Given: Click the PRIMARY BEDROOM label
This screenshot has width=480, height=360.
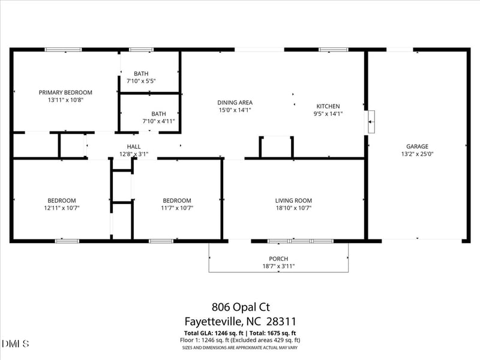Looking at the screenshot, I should tap(65, 92).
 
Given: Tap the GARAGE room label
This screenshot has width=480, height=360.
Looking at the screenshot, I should tap(417, 146).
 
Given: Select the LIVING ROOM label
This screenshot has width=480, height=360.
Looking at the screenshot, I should tap(293, 200).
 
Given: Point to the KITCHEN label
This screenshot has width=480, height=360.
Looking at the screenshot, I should tap(328, 106).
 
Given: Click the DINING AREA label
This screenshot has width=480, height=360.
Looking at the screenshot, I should tap(235, 103).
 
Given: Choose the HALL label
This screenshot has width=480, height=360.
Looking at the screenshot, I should tap(133, 146).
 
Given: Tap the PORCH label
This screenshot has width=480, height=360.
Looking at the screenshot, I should tap(278, 259).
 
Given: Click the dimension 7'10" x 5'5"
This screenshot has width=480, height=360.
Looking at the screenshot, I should tap(141, 81).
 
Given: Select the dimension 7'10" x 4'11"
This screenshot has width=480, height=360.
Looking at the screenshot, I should tap(158, 121).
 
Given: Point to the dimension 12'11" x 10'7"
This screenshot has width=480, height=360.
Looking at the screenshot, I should tap(62, 208).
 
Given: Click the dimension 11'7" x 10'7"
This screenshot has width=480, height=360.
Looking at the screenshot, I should tap(176, 208).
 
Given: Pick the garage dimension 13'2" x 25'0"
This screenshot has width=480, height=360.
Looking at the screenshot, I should tap(417, 154).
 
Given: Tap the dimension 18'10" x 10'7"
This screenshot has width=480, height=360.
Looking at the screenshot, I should tap(293, 208).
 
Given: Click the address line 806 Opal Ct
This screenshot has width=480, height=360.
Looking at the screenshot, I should tap(239, 307).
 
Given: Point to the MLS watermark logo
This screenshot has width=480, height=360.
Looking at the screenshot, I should tap(16, 344).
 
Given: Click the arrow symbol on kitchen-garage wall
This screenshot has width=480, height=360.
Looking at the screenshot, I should tap(370, 122).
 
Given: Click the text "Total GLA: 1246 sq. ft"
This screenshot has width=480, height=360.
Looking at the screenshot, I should tap(212, 333).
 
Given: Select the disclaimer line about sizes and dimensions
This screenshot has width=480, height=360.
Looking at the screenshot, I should tap(239, 347).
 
